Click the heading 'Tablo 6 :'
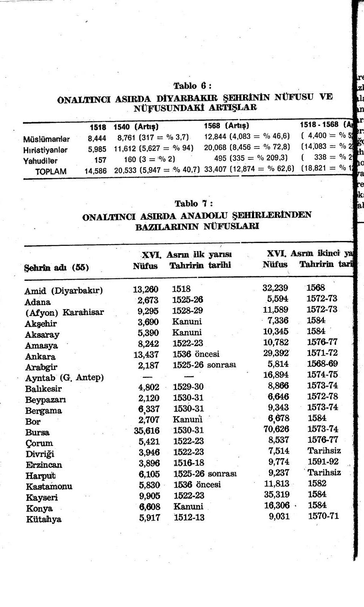tap(192, 86)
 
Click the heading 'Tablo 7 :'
tap(194, 203)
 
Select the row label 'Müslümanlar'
tap(46, 139)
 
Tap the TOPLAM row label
tap(51, 171)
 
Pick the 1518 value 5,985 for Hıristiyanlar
tap(97, 149)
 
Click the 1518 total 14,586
tap(95, 171)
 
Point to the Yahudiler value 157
tap(100, 160)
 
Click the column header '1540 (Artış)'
tap(136, 127)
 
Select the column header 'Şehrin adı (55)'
tap(56, 267)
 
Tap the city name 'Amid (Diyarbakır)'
tap(64, 291)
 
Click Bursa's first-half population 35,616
tap(146, 430)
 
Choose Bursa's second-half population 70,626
tap(276, 429)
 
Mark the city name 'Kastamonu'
tap(49, 486)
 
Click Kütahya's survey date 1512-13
tap(189, 517)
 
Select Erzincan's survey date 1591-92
tap(323, 462)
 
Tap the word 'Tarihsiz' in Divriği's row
tap(324, 451)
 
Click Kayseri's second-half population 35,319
tap(276, 494)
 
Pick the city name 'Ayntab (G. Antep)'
tap(65, 378)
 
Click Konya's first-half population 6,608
tap(149, 507)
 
